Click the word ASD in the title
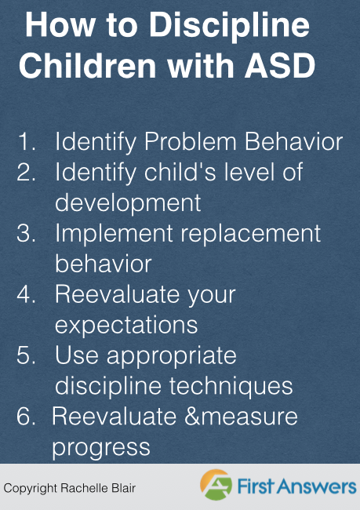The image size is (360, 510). click(x=280, y=65)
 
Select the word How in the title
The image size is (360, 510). click(x=60, y=25)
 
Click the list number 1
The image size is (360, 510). click(x=26, y=141)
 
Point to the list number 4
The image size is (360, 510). click(x=26, y=294)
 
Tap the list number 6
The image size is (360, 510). click(x=26, y=416)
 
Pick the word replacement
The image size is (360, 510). click(x=251, y=234)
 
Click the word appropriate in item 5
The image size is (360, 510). click(x=172, y=356)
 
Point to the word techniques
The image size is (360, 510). click(x=231, y=386)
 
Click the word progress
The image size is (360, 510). click(x=101, y=448)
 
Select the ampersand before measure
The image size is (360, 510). click(x=192, y=417)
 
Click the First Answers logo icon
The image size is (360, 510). click(x=216, y=485)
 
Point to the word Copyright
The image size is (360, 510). click(x=31, y=489)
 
